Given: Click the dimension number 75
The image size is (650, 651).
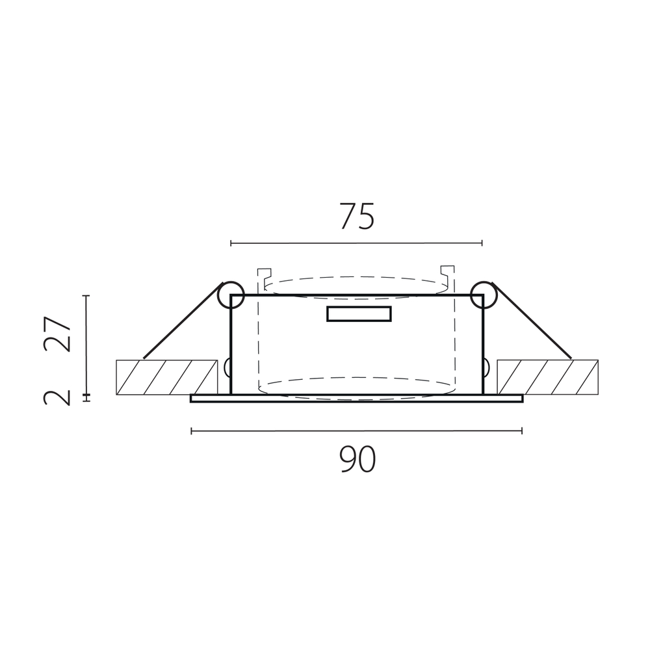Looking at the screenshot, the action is click(357, 217).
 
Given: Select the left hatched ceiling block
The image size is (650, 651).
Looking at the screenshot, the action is click(167, 377).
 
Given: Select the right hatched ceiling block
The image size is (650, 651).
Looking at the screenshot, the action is click(548, 377).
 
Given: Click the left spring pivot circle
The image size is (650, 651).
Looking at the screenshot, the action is click(230, 295).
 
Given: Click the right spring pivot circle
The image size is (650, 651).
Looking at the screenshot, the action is click(484, 295).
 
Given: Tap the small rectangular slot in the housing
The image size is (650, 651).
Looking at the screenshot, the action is click(359, 314).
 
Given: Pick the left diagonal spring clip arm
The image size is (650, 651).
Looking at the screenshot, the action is click(182, 321).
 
